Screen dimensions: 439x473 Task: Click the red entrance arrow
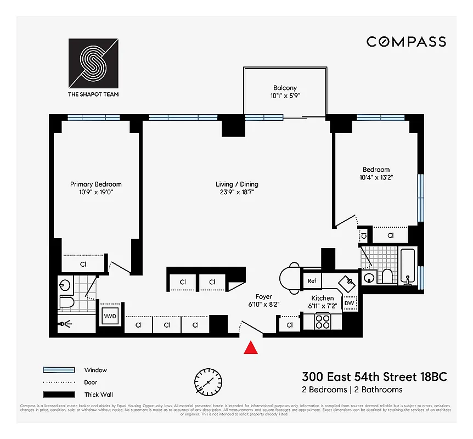point(251,347)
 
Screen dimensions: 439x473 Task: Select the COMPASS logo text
point(406,42)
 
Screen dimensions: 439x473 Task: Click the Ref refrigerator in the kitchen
point(312,281)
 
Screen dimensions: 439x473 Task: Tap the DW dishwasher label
point(350,303)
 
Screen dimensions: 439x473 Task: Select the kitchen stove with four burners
point(321,321)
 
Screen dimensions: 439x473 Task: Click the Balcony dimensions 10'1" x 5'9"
point(285,95)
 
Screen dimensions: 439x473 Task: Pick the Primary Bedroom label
point(95,184)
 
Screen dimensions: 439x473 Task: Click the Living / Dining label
point(236,184)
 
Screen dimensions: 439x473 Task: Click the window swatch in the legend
point(58,370)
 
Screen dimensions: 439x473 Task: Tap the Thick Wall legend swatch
point(58,394)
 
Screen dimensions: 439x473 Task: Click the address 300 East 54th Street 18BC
point(374,377)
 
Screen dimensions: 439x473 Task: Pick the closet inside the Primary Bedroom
point(83,264)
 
